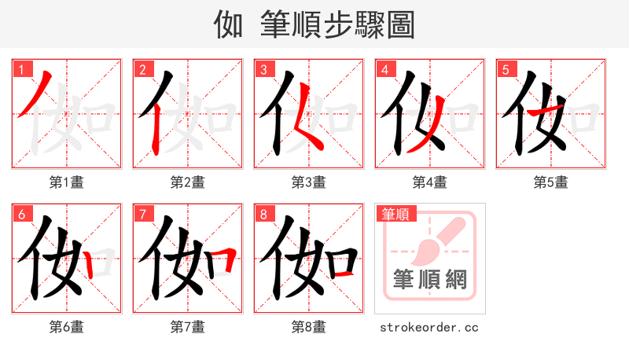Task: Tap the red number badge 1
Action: coord(20,69)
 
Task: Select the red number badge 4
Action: coord(384,69)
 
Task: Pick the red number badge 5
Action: coord(506,69)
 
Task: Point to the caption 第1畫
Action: coord(67,182)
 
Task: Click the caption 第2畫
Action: coord(188,182)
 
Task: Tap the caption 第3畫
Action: coord(309,182)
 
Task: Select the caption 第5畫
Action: coord(551,182)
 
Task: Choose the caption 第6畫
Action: coord(67,327)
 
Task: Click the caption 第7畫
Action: coord(188,327)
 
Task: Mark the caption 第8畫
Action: coord(309,327)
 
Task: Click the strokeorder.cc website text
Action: coord(429,327)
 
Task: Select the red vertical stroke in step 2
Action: coord(156,130)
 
